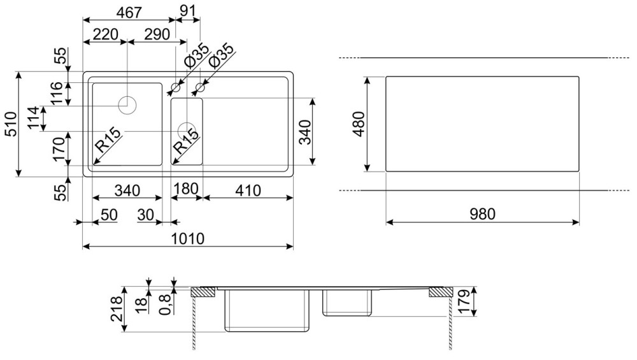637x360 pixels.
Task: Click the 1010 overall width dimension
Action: click(x=187, y=238)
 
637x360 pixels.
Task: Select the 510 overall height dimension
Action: click(x=10, y=124)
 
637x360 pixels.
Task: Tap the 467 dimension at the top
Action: click(x=129, y=13)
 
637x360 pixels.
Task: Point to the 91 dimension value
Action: click(x=188, y=11)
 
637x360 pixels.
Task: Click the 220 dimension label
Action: click(x=106, y=34)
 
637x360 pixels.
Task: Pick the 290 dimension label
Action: click(x=157, y=34)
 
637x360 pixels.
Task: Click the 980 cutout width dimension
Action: click(x=483, y=214)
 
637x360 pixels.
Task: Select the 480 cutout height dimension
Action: click(x=359, y=124)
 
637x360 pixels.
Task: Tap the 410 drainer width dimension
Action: click(x=248, y=190)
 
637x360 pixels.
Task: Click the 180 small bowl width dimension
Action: click(x=186, y=189)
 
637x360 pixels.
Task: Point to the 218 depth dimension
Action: click(x=116, y=309)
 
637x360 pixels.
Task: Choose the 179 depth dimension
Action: click(x=464, y=302)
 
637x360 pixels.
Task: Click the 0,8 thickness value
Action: click(x=165, y=304)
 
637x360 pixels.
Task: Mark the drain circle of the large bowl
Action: click(x=127, y=105)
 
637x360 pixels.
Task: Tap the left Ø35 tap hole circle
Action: click(x=176, y=87)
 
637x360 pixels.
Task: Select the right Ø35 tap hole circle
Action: click(x=200, y=87)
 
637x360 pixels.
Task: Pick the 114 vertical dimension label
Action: click(x=34, y=118)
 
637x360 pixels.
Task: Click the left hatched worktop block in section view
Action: click(x=203, y=292)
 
